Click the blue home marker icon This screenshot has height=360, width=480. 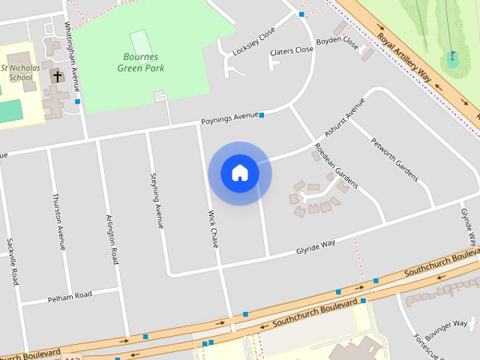(240, 173)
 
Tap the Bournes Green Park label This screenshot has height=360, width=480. (140, 62)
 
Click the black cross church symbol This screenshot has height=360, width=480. (58, 76)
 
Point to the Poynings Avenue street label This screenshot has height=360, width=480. (229, 118)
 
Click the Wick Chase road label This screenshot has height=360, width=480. (212, 229)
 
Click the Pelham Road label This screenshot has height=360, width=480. (69, 295)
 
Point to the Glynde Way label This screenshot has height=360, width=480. (315, 247)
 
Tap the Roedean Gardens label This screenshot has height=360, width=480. (336, 165)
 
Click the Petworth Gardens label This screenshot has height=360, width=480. (394, 159)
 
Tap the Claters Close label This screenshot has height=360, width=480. (292, 50)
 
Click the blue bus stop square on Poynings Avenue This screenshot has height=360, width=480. (262, 115)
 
